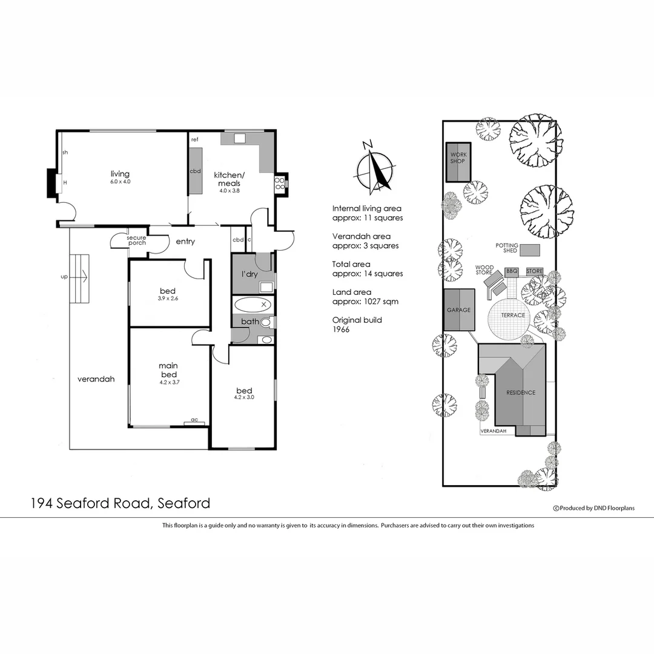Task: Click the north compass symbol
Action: (x=375, y=169)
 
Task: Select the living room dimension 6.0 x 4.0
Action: (x=120, y=182)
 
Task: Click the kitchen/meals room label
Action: (x=227, y=179)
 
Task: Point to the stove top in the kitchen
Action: (x=280, y=183)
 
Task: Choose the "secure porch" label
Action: (x=136, y=240)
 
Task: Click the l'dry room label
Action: (x=250, y=274)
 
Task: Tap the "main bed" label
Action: (x=168, y=369)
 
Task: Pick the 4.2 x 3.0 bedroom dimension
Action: (x=244, y=398)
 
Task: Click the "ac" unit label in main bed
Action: (x=194, y=419)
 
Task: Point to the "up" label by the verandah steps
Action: (x=64, y=277)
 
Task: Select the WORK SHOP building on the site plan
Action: (x=458, y=162)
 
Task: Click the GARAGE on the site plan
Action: (x=458, y=309)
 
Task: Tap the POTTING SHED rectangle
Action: (x=530, y=249)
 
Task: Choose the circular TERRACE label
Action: (x=512, y=315)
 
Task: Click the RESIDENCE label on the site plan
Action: (x=521, y=392)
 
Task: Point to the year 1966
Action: (x=342, y=329)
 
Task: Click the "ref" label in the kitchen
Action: (x=195, y=140)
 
